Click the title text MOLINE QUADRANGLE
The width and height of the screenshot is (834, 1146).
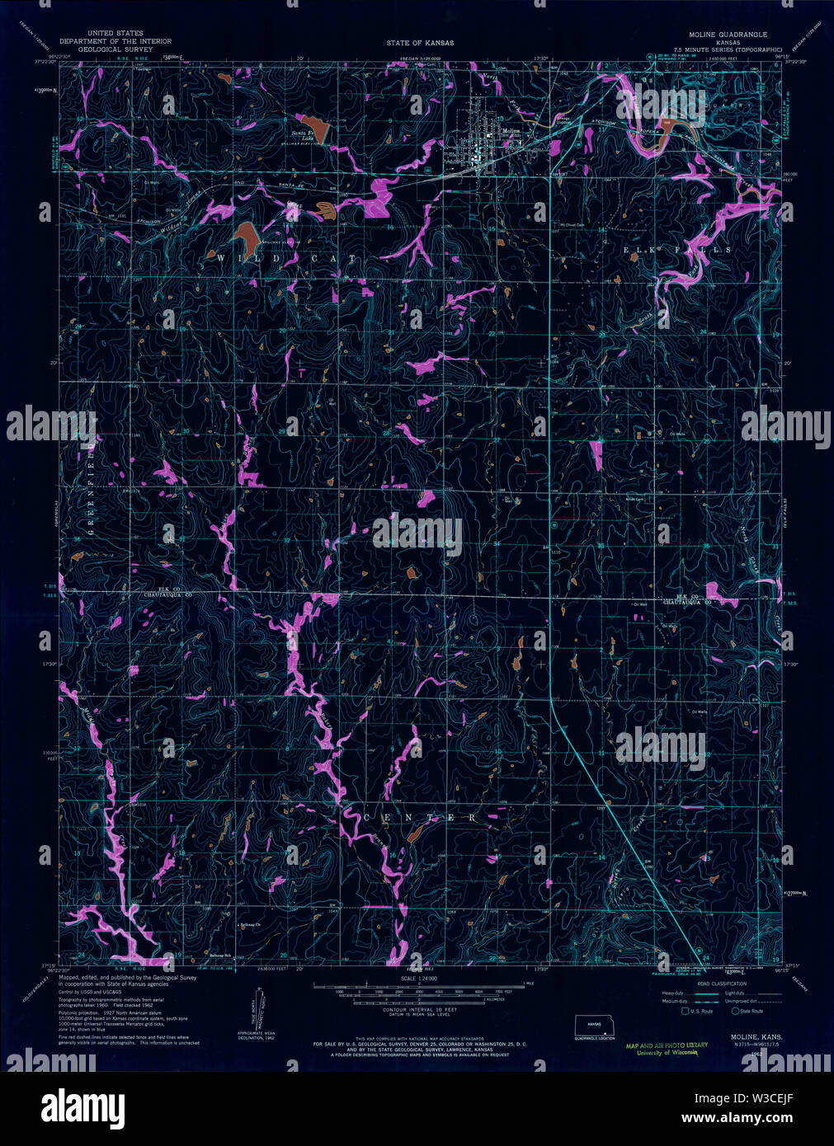728,35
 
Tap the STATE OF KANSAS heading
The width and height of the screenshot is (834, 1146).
420,42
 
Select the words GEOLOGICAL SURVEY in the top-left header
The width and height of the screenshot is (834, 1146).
116,49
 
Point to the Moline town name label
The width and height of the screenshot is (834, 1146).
512,130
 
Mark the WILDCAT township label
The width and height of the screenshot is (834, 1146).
287,259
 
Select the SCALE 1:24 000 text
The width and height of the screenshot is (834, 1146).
419,979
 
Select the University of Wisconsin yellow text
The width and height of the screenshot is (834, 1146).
667,1052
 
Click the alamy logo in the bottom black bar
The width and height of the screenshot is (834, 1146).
82,1105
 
